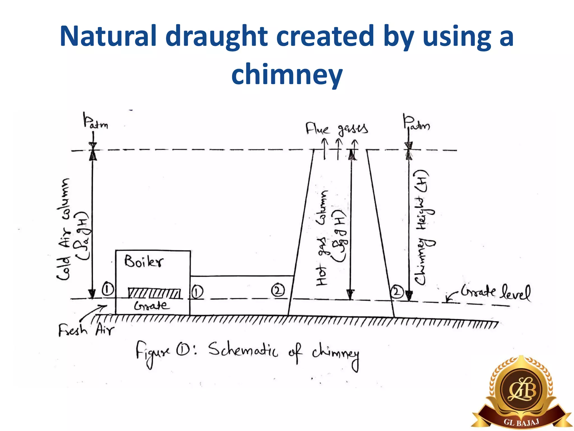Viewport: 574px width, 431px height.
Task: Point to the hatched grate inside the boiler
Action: [x=154, y=293]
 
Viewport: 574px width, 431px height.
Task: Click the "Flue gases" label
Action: [x=336, y=129]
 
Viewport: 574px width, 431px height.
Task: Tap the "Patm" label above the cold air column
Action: [x=95, y=121]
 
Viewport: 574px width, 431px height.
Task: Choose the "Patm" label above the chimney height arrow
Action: [x=416, y=123]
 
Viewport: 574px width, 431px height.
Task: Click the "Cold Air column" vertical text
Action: [x=64, y=229]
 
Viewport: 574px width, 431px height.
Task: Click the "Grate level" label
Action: [x=496, y=292]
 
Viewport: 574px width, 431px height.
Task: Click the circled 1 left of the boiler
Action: [x=108, y=289]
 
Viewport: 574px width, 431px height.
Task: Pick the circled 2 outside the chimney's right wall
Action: [x=397, y=291]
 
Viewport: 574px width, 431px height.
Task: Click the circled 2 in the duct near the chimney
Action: [x=278, y=290]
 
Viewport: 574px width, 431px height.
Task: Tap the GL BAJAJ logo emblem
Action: [x=521, y=393]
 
